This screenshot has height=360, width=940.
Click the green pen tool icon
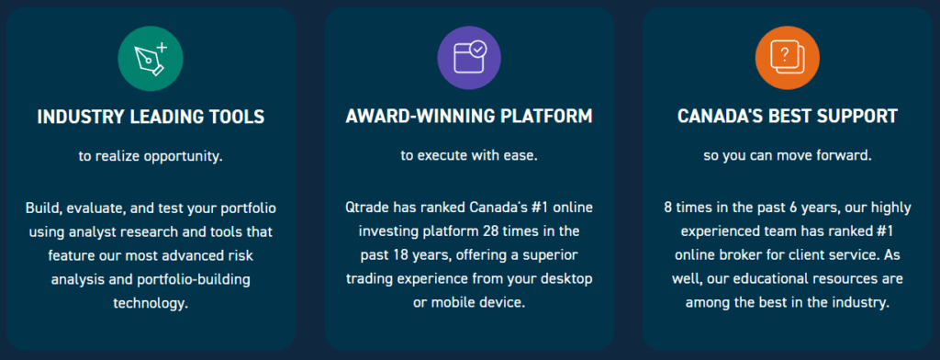coord(151,59)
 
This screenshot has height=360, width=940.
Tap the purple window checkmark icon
coord(469,59)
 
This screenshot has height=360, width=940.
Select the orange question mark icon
coord(787,59)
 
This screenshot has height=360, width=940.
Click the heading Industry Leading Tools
coord(151,118)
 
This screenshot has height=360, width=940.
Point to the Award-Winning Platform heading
coord(469,118)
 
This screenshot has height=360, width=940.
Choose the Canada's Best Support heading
coord(787,118)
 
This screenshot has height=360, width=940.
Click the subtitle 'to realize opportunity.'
coord(151,156)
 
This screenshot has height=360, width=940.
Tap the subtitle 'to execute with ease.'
coord(469,156)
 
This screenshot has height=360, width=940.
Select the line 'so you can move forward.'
coord(787,156)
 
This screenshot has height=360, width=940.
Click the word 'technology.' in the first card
coord(151,301)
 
